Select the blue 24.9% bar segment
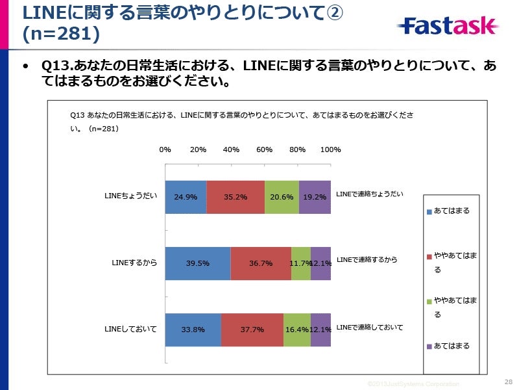pos(186,197)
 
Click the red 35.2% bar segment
pos(235,197)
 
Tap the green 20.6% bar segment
pos(282,197)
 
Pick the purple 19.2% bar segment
pos(315,197)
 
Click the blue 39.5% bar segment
pos(198,263)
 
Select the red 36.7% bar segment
pos(261,263)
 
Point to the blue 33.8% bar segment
pos(193,330)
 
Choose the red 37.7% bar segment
pos(252,330)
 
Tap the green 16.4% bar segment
pos(297,330)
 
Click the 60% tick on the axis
pos(264,149)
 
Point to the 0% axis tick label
pos(165,149)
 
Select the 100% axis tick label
pos(331,149)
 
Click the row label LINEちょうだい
pos(130,196)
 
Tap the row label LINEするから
pos(134,263)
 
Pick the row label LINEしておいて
pos(130,329)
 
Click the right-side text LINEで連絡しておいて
pos(370,327)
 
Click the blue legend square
pos(429,211)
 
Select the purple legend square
pos(429,346)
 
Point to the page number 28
pos(508,382)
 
